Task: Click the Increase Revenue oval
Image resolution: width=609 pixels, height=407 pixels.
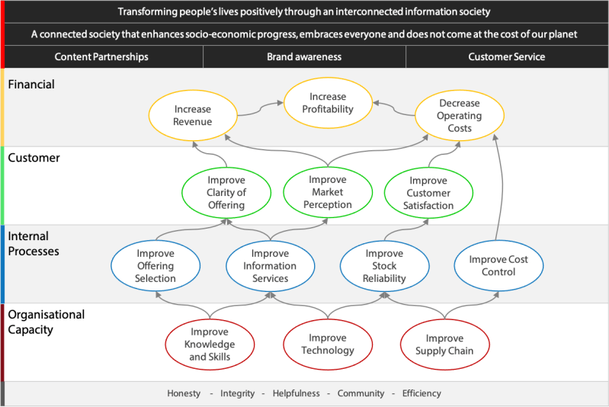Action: point(192,116)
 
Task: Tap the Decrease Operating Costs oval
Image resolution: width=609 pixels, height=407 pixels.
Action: point(460,116)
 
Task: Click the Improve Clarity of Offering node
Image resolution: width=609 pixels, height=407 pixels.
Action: point(226,193)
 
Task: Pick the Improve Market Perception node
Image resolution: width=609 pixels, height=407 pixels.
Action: point(328,192)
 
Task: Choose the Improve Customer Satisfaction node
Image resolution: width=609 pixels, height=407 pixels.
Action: point(428,193)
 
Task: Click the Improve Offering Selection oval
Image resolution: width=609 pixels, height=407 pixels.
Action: point(155,266)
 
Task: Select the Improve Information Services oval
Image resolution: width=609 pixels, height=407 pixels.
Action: point(270,266)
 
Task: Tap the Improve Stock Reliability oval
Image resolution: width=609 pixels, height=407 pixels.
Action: point(384,266)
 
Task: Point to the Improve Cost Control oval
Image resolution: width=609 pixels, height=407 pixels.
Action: point(498,266)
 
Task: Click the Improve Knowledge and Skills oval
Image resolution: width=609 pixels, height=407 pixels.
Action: point(210,345)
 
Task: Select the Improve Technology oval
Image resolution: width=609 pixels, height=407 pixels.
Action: point(327,345)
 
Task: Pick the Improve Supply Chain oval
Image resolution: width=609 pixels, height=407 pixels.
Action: point(444,345)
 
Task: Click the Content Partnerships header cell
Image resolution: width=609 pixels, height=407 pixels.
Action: point(101,57)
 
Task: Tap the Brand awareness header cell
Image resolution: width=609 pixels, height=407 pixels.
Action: point(304,57)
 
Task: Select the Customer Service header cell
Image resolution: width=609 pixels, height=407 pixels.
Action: point(506,57)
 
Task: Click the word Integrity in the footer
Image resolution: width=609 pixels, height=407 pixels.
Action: point(238,393)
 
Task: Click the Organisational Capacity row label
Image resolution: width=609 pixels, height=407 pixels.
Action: point(46,322)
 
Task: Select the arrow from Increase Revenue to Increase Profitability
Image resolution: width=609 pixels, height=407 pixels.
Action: point(259,111)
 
